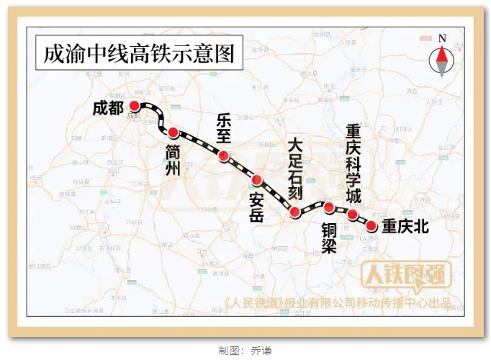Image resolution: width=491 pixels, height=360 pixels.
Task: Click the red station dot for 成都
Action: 134,106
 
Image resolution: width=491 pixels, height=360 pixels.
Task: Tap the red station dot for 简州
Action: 173,132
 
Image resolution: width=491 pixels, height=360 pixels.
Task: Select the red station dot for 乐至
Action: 224,156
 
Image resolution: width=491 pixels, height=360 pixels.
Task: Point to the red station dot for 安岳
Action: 256,179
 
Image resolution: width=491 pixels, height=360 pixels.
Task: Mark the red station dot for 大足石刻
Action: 294,212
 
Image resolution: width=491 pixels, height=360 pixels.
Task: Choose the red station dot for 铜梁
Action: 329,208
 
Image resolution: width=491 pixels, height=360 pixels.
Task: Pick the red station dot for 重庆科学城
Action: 353,215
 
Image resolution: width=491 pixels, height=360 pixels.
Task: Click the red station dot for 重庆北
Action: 371,226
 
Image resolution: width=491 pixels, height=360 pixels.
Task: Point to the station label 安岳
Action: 256,207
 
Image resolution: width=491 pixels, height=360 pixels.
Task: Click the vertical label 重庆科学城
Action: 353,164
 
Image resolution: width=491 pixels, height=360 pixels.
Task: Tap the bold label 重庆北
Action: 405,227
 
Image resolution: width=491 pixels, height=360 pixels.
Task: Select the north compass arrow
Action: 441,57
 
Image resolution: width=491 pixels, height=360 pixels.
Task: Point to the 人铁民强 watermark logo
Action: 406,275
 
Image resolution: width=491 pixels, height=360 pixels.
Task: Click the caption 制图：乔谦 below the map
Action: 245,351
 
